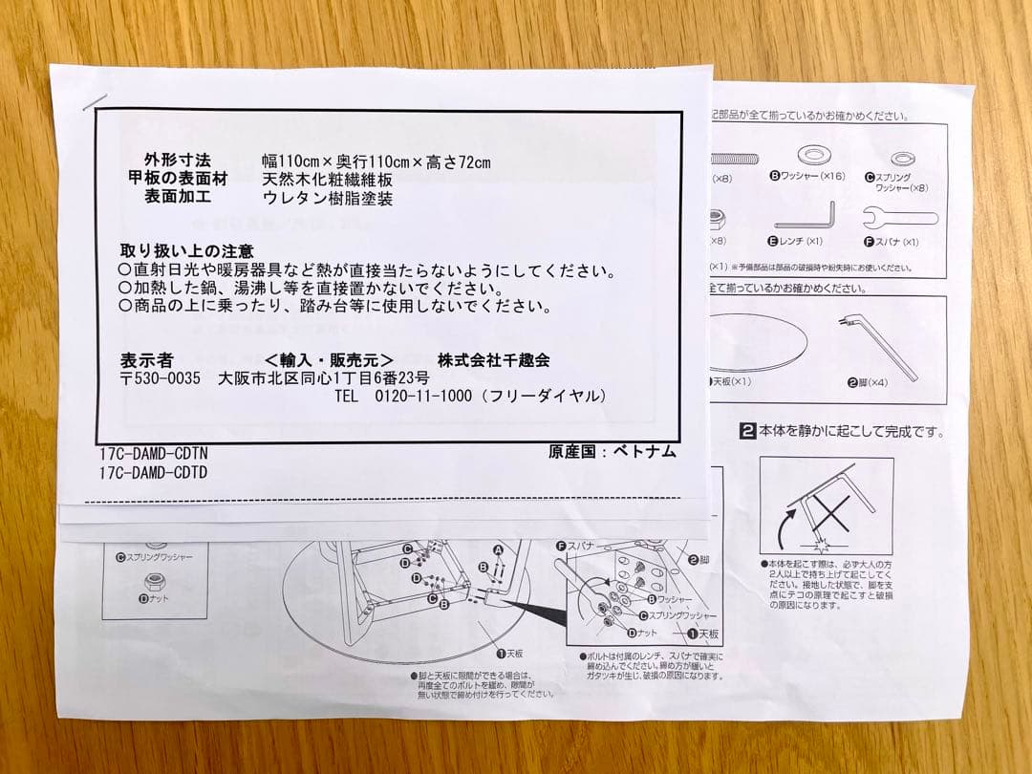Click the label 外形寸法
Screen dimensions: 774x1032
click(x=177, y=161)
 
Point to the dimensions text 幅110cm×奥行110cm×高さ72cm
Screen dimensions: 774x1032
click(x=376, y=161)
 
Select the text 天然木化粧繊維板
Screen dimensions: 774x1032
click(x=327, y=180)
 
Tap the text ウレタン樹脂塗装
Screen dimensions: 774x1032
click(x=327, y=199)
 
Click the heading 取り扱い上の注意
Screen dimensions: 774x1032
click(x=186, y=250)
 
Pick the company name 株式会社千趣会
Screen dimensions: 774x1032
click(x=493, y=360)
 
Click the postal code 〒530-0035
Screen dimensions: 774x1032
click(x=161, y=378)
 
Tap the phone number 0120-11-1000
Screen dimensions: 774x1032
click(x=422, y=396)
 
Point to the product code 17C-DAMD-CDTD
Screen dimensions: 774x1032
click(x=153, y=472)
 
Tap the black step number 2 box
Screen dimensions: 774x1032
click(x=748, y=431)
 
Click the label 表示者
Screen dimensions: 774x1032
click(x=146, y=361)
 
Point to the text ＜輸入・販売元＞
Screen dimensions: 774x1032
click(x=329, y=361)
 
